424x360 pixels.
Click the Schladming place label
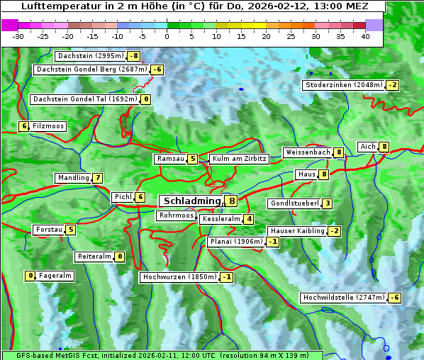(192, 201)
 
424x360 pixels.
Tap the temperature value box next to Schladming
(232, 201)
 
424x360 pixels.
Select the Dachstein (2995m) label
(90, 56)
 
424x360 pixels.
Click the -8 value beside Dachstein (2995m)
(133, 56)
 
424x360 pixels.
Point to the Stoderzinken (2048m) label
(343, 85)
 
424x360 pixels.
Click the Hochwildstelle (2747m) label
(343, 298)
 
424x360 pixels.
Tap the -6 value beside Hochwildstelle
(394, 298)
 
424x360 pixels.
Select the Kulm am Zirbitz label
(239, 159)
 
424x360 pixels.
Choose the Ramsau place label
(170, 159)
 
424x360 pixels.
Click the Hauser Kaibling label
(296, 231)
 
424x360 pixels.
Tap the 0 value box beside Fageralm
(30, 276)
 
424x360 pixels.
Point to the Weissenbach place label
(307, 152)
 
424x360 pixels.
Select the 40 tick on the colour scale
(365, 36)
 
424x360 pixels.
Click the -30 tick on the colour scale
(18, 36)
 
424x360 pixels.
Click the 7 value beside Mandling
(97, 178)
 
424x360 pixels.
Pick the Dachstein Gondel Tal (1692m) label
(84, 99)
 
